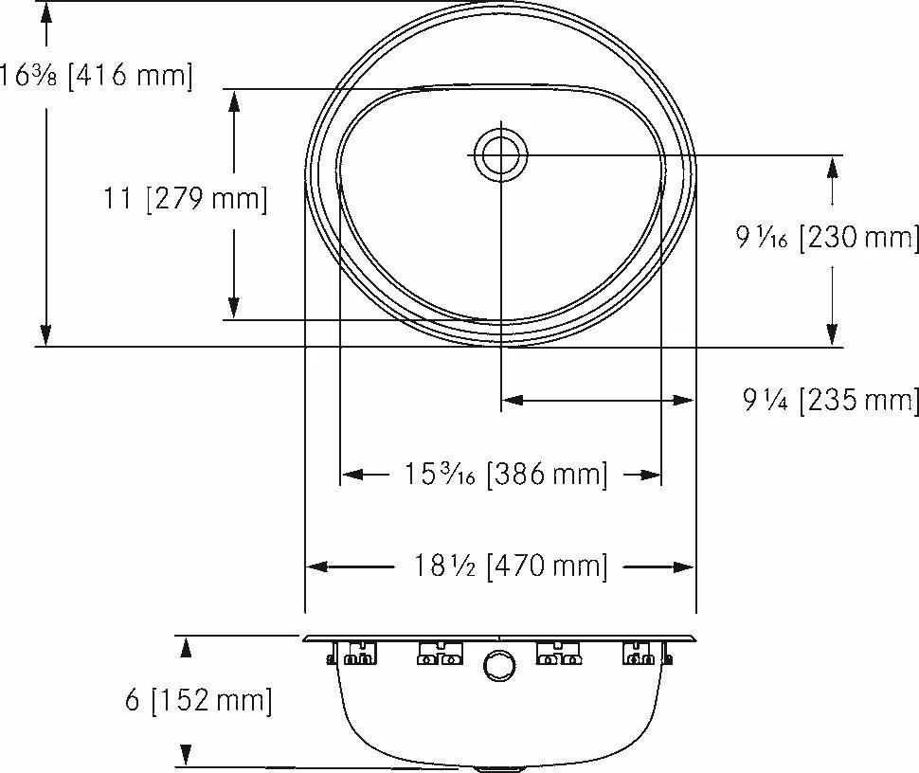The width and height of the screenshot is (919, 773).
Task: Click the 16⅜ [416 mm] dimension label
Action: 96,76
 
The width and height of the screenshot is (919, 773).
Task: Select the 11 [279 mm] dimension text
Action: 185,199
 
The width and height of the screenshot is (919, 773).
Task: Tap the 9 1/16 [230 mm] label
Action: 827,238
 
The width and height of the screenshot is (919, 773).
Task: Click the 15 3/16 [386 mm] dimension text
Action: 506,474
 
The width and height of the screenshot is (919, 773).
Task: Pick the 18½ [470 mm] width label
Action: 510,566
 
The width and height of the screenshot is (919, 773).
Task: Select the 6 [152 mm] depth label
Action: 198,700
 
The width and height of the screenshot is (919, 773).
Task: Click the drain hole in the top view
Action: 500,155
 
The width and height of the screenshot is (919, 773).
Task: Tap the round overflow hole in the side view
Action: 500,666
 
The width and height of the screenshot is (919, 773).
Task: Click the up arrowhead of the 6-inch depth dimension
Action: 186,647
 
